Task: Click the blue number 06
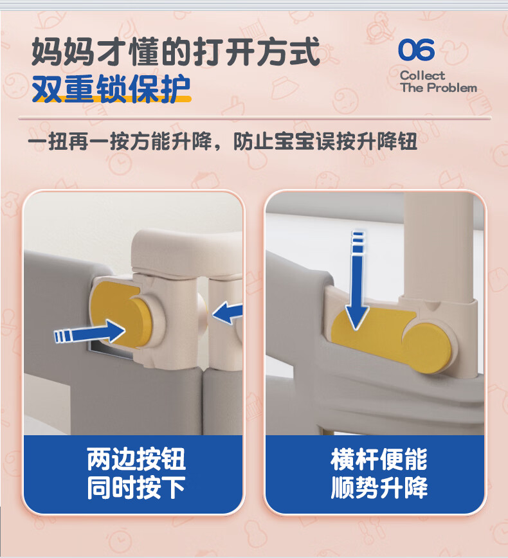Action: tap(416, 50)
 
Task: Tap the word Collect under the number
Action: tap(422, 75)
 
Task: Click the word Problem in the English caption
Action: tap(452, 87)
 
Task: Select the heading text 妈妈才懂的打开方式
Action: tap(176, 52)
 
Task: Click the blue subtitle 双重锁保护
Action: tap(111, 89)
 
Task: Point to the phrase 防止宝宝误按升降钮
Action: tap(325, 141)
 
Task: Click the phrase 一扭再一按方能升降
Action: tap(120, 141)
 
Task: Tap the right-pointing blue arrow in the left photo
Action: tap(90, 332)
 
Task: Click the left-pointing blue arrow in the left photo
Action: tap(228, 312)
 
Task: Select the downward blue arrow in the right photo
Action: tap(357, 280)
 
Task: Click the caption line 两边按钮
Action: tap(136, 459)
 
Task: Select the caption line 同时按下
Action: tap(136, 487)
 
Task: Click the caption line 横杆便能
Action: tap(379, 459)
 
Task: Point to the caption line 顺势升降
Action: tap(379, 487)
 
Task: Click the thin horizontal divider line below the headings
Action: tap(255, 118)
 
